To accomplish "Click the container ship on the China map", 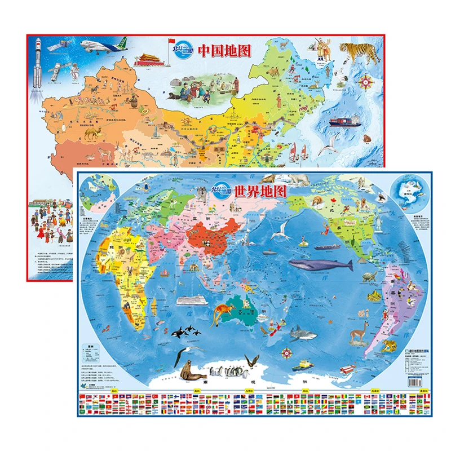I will [344, 121].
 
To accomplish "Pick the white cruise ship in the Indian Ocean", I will [189, 300].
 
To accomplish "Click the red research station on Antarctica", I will [300, 365].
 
